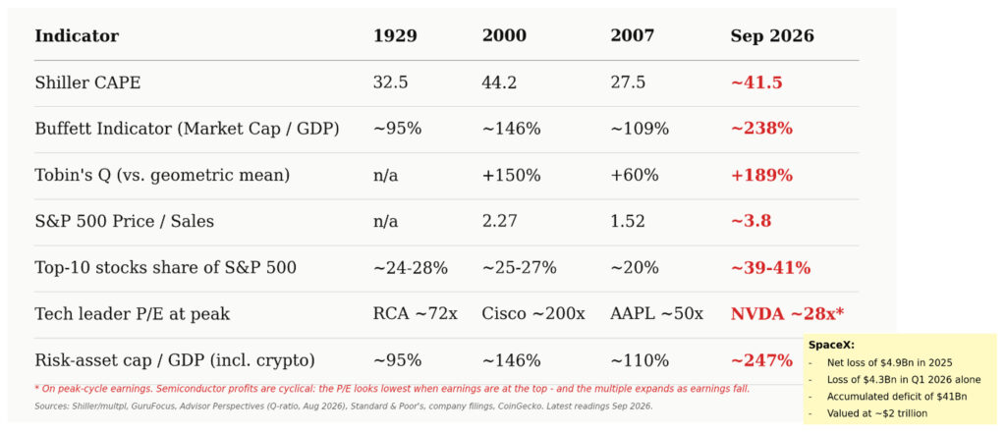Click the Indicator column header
coord(77,36)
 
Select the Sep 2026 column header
coord(772,36)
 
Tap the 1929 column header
coord(395,36)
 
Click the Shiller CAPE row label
coord(87,82)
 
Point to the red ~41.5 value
coord(756,82)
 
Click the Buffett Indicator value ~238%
coord(761,129)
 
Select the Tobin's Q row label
coord(162,175)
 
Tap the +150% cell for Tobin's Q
coord(511,175)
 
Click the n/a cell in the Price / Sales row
coord(385,221)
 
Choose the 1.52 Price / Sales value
coord(628,221)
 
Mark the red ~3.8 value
coord(751,221)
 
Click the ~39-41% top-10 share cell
coord(770,267)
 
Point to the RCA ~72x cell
coord(416,313)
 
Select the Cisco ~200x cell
coord(533,313)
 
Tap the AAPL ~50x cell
coord(656,313)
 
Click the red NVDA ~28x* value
coord(787,313)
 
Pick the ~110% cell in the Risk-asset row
coord(640,360)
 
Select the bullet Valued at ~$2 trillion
coord(877,413)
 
